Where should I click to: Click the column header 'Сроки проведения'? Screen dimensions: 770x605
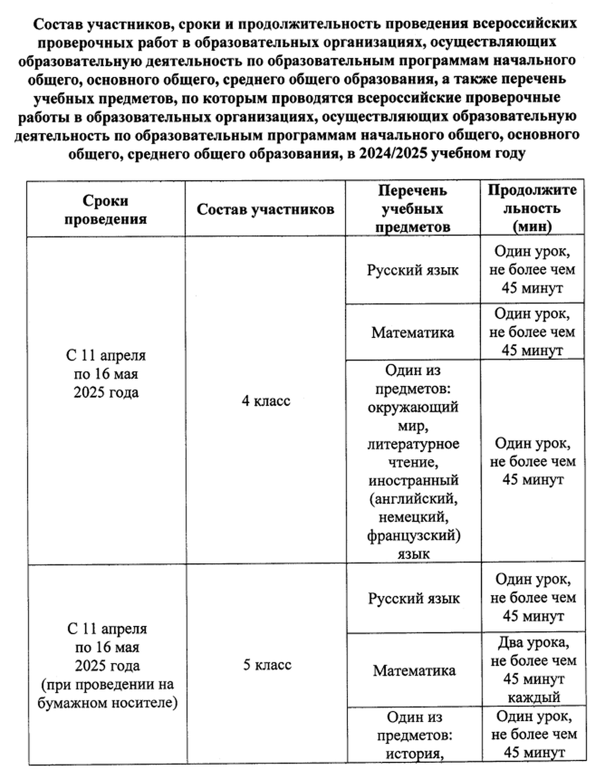coord(106,209)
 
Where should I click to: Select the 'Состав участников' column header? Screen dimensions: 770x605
coord(265,209)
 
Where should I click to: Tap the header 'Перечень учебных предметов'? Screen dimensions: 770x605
coord(412,209)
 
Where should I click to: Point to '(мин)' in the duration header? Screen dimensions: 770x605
coord(532,226)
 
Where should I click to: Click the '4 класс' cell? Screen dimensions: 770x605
coord(266,401)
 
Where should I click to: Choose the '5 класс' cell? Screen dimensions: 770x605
coord(267,665)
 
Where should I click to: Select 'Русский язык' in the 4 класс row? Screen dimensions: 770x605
coord(412,270)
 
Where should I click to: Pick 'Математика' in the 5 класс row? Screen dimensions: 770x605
coord(414,671)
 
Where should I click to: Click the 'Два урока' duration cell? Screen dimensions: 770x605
coord(534,642)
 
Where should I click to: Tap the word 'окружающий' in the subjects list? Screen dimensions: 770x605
coord(413,407)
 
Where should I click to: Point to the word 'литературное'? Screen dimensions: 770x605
coord(413,444)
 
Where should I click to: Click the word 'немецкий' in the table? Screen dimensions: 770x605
coord(413,517)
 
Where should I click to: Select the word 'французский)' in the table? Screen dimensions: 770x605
coord(413,535)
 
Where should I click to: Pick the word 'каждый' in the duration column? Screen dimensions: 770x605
coord(534,697)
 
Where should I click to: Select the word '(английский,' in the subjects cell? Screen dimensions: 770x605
coord(413,499)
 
